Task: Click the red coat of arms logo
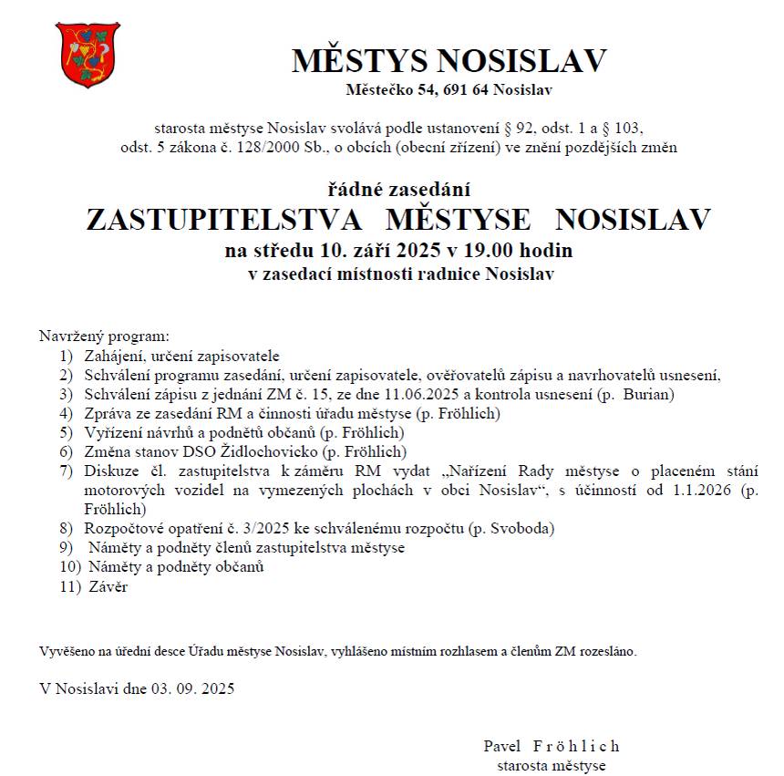tap(88, 55)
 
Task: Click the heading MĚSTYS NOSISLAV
tap(449, 61)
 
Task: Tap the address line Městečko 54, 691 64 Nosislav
tap(449, 89)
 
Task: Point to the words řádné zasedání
tap(398, 190)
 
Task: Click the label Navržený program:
tap(104, 336)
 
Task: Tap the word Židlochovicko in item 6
tap(274, 451)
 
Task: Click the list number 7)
tap(66, 471)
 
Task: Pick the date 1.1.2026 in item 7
tap(706, 491)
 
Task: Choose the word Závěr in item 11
tap(108, 587)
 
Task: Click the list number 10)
tap(69, 567)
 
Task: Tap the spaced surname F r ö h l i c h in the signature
tap(575, 746)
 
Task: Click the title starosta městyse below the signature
tap(551, 765)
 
